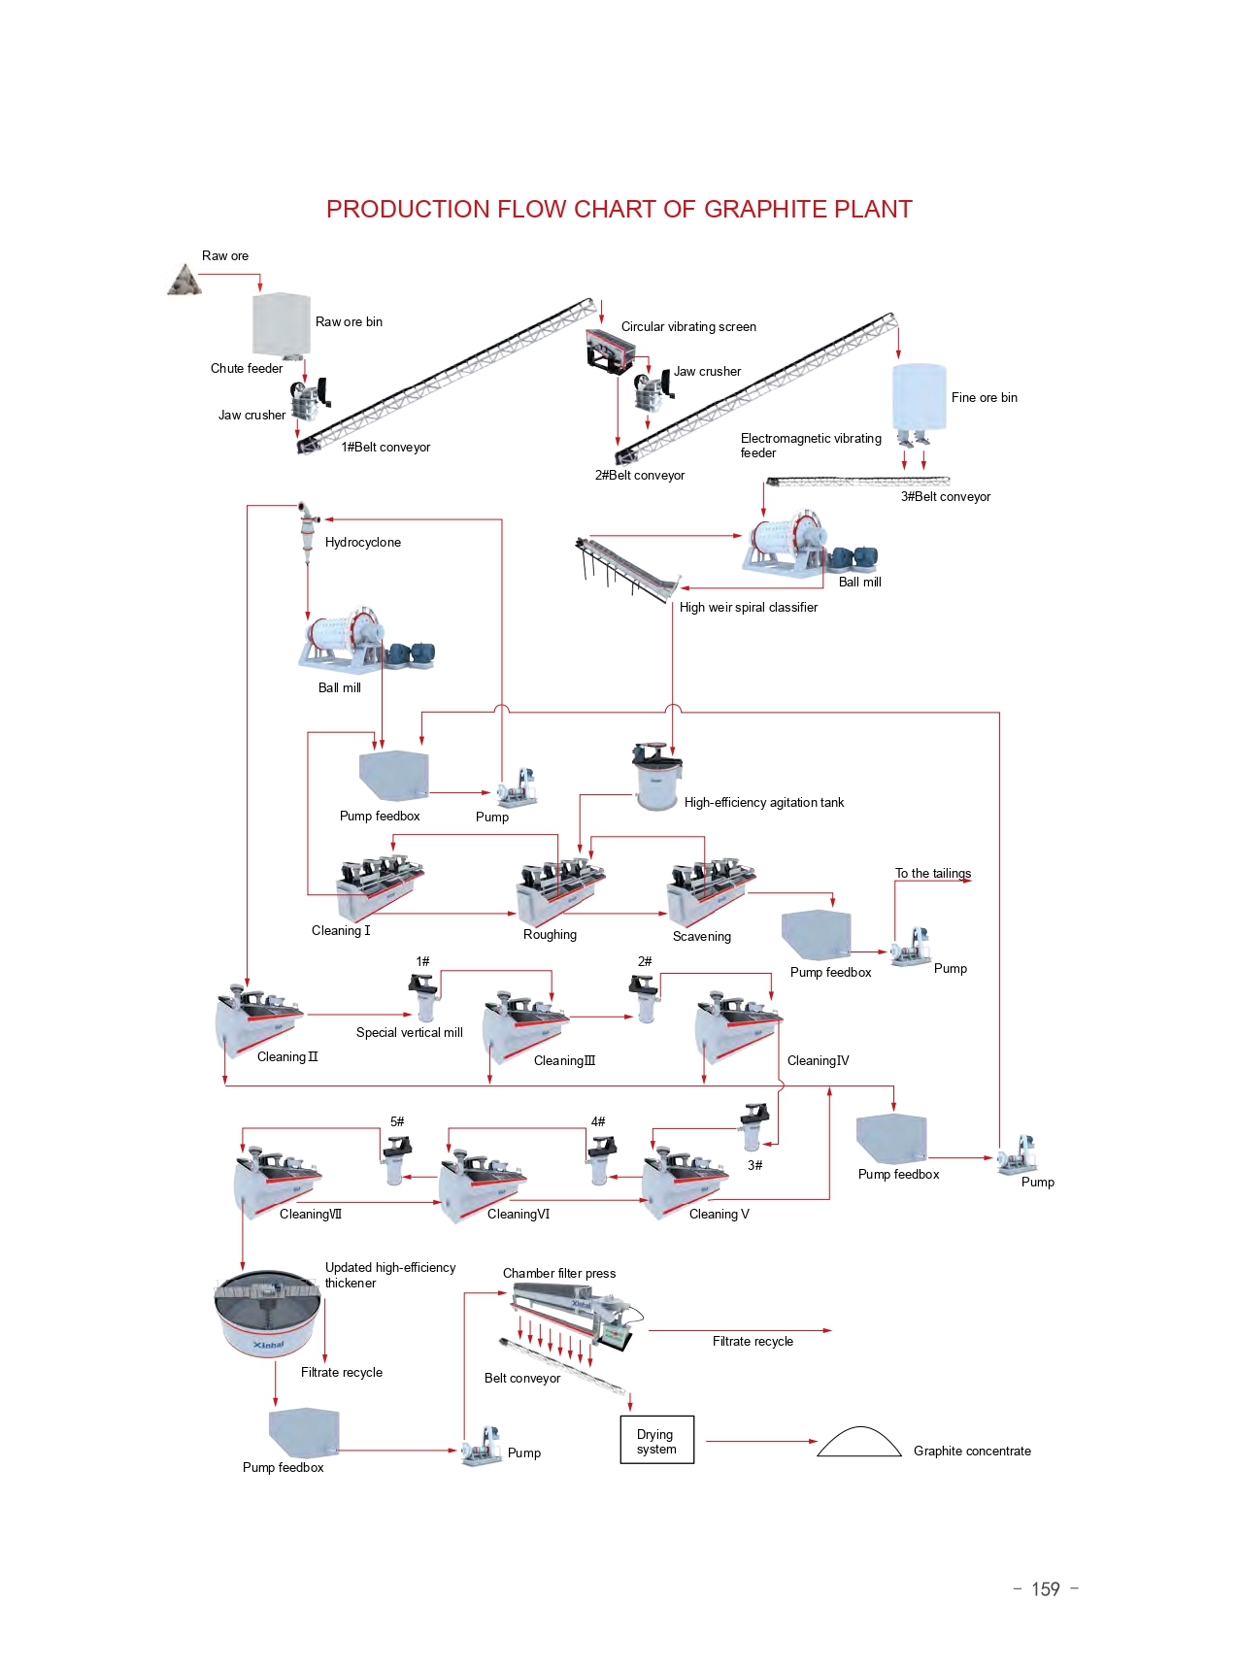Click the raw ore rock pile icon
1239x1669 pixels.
point(184,281)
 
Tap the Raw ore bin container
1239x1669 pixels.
point(281,324)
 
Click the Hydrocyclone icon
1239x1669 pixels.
point(307,529)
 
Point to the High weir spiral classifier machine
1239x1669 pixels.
point(626,569)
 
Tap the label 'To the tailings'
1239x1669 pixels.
point(932,873)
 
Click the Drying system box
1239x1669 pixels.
point(657,1440)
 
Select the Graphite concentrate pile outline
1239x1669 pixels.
point(859,1443)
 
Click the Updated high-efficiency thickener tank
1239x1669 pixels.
point(267,1312)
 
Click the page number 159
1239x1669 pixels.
point(1045,1589)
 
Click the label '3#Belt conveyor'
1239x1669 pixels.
point(945,496)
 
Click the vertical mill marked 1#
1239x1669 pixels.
point(423,997)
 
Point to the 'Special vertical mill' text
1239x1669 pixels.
point(409,1032)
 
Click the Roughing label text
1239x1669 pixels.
point(550,934)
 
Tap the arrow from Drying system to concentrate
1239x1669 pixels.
point(761,1441)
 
